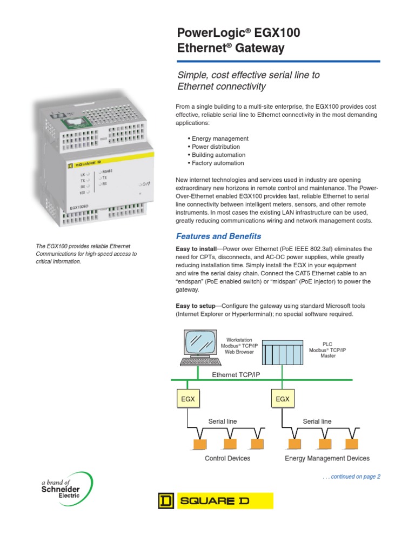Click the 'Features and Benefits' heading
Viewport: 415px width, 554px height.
click(x=219, y=236)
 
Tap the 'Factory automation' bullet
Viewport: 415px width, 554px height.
click(x=215, y=163)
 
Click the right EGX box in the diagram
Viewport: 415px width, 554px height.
click(x=283, y=399)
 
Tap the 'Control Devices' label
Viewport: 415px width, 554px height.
click(x=227, y=458)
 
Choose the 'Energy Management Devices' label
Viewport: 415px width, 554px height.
click(x=327, y=458)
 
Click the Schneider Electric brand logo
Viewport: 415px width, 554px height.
click(x=62, y=487)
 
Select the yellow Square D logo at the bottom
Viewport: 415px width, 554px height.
click(x=216, y=501)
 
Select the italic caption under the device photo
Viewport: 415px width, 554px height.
click(x=86, y=254)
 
